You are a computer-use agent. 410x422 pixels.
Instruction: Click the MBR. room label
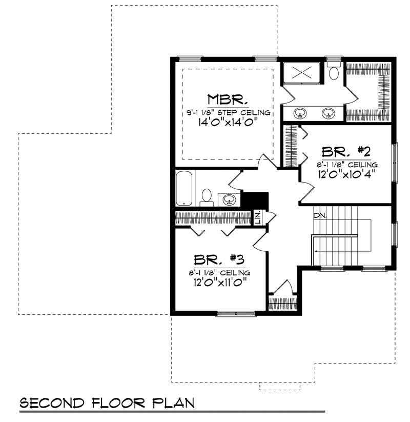228,98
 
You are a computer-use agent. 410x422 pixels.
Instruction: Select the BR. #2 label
346,152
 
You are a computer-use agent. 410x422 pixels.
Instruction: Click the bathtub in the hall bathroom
184,189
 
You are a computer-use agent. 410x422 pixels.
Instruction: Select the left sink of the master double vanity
299,113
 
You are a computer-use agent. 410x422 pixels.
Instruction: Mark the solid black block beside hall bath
255,199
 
